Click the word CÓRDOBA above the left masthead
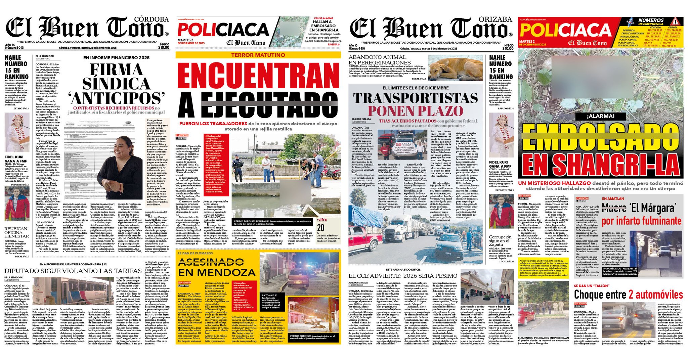(x=151, y=19)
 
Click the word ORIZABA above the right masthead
(x=495, y=19)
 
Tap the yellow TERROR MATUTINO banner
(x=258, y=55)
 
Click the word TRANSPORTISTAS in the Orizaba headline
(x=415, y=98)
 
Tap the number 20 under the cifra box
(x=320, y=228)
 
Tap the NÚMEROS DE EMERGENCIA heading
(x=651, y=22)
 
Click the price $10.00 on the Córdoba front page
(x=164, y=47)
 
